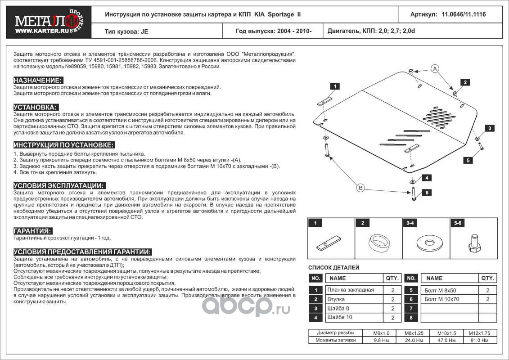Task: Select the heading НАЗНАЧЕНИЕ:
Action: (x=38, y=80)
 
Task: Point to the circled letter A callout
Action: (x=435, y=68)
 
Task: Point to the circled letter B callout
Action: (x=360, y=188)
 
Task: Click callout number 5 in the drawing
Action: (x=468, y=160)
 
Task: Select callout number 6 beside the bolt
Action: (x=427, y=193)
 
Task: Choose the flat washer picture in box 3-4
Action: (x=426, y=243)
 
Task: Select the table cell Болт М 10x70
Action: (x=442, y=299)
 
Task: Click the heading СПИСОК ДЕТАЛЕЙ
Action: (x=333, y=268)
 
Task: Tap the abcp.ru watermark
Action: (x=245, y=306)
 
